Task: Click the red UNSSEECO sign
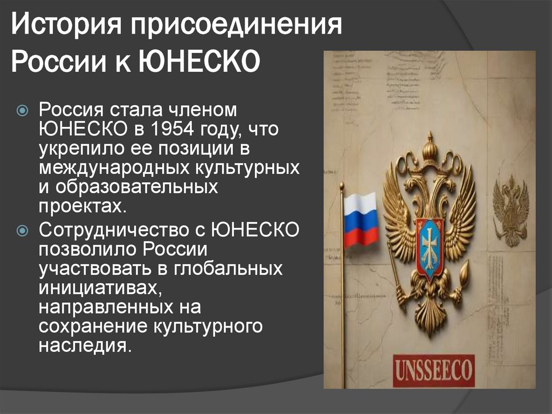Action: coord(433,370)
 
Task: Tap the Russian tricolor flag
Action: coord(360,219)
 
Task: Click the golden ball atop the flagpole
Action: coord(341,186)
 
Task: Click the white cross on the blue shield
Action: coord(430,246)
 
